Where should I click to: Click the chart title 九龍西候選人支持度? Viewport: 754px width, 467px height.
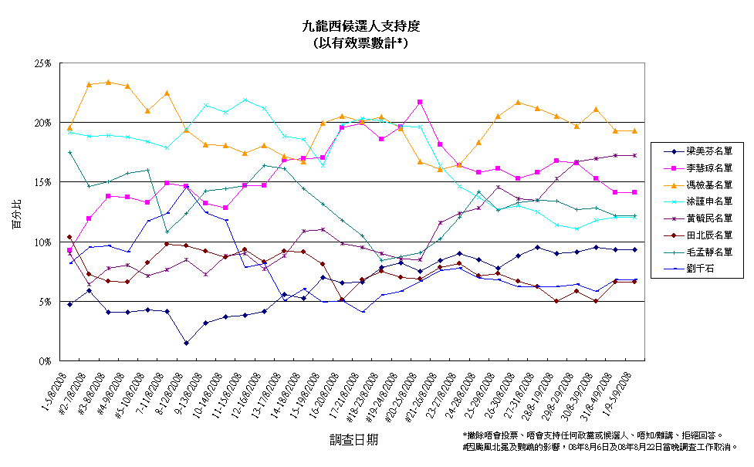361,26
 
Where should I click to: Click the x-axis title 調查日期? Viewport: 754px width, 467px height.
353,439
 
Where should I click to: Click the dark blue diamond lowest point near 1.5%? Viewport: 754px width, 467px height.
186,343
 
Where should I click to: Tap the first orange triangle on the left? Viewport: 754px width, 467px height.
69,127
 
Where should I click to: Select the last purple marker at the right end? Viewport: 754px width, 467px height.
634,155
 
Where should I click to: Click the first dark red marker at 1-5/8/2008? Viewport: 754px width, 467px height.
69,237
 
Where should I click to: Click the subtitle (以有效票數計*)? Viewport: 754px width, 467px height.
361,43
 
